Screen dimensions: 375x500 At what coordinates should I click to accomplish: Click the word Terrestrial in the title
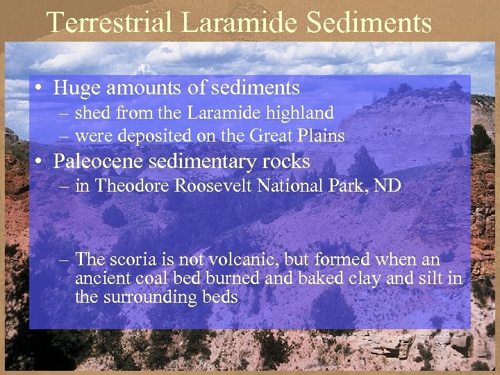pos(108,22)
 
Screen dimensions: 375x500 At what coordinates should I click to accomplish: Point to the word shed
pos(90,112)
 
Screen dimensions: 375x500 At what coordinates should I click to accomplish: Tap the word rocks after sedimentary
pos(287,161)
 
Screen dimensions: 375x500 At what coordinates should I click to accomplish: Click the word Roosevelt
pos(212,186)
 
